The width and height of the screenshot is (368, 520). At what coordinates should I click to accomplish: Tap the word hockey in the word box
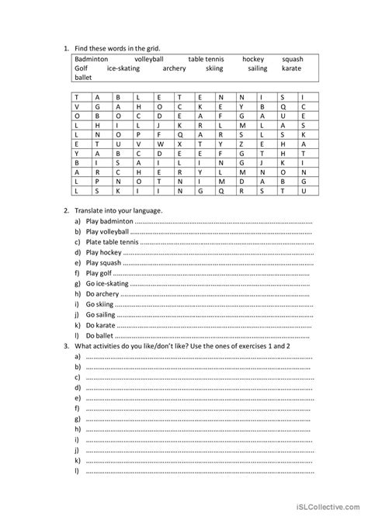(253, 59)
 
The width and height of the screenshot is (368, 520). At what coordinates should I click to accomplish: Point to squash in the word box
(293, 59)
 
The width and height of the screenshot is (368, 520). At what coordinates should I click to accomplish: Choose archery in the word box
(175, 68)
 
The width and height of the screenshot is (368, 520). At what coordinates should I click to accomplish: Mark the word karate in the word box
(291, 68)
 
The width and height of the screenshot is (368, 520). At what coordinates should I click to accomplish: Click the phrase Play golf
(99, 273)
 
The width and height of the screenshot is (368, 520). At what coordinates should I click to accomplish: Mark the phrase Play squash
(104, 262)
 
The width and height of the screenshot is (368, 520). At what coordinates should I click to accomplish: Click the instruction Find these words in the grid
(117, 48)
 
